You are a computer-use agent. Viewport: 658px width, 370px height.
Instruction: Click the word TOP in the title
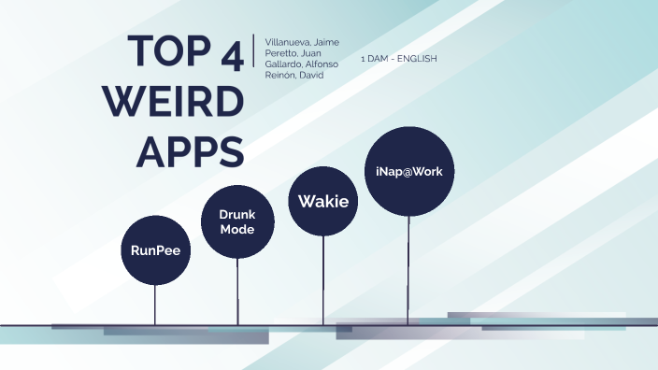click(168, 53)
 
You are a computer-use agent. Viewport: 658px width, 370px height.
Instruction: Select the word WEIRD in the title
click(172, 101)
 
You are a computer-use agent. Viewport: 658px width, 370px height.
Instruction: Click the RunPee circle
click(155, 249)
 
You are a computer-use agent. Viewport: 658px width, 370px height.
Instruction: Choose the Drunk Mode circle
click(237, 221)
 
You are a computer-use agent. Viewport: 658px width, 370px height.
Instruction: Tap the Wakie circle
click(323, 200)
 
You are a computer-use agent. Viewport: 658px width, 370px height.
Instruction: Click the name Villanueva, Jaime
click(302, 43)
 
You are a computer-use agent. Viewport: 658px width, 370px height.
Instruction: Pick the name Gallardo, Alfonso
click(302, 64)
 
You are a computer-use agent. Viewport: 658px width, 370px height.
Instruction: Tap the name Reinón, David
click(293, 75)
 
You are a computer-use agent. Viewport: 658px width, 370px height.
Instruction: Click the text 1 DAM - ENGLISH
click(399, 59)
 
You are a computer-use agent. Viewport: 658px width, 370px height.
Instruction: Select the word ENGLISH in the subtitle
click(417, 59)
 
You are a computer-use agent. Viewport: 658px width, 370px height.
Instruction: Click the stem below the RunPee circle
click(155, 304)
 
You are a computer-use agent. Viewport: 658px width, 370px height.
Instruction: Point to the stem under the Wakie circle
click(323, 279)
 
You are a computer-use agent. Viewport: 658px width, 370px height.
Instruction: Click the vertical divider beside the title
click(253, 51)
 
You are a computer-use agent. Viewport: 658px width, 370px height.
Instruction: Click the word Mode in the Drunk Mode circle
click(237, 229)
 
